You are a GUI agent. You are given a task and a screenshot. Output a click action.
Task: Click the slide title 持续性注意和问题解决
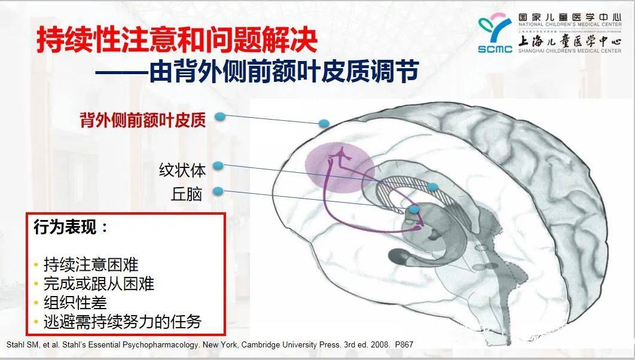(177, 41)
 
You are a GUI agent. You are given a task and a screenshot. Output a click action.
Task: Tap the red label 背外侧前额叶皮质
(143, 120)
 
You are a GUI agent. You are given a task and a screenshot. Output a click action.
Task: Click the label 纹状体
(182, 170)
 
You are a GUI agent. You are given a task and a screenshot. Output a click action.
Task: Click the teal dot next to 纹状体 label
(218, 166)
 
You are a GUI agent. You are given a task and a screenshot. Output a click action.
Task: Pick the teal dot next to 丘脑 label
(218, 191)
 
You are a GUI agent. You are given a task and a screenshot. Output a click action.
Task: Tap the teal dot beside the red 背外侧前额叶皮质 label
(220, 116)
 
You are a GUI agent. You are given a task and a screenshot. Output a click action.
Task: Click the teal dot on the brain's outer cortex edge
(324, 124)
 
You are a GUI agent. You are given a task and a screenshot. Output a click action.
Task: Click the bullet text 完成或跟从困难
(99, 283)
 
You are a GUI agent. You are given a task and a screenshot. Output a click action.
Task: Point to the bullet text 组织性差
(75, 303)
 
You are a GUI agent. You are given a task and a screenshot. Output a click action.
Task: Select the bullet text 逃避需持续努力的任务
(122, 322)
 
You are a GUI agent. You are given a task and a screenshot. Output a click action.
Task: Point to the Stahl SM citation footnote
(209, 344)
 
